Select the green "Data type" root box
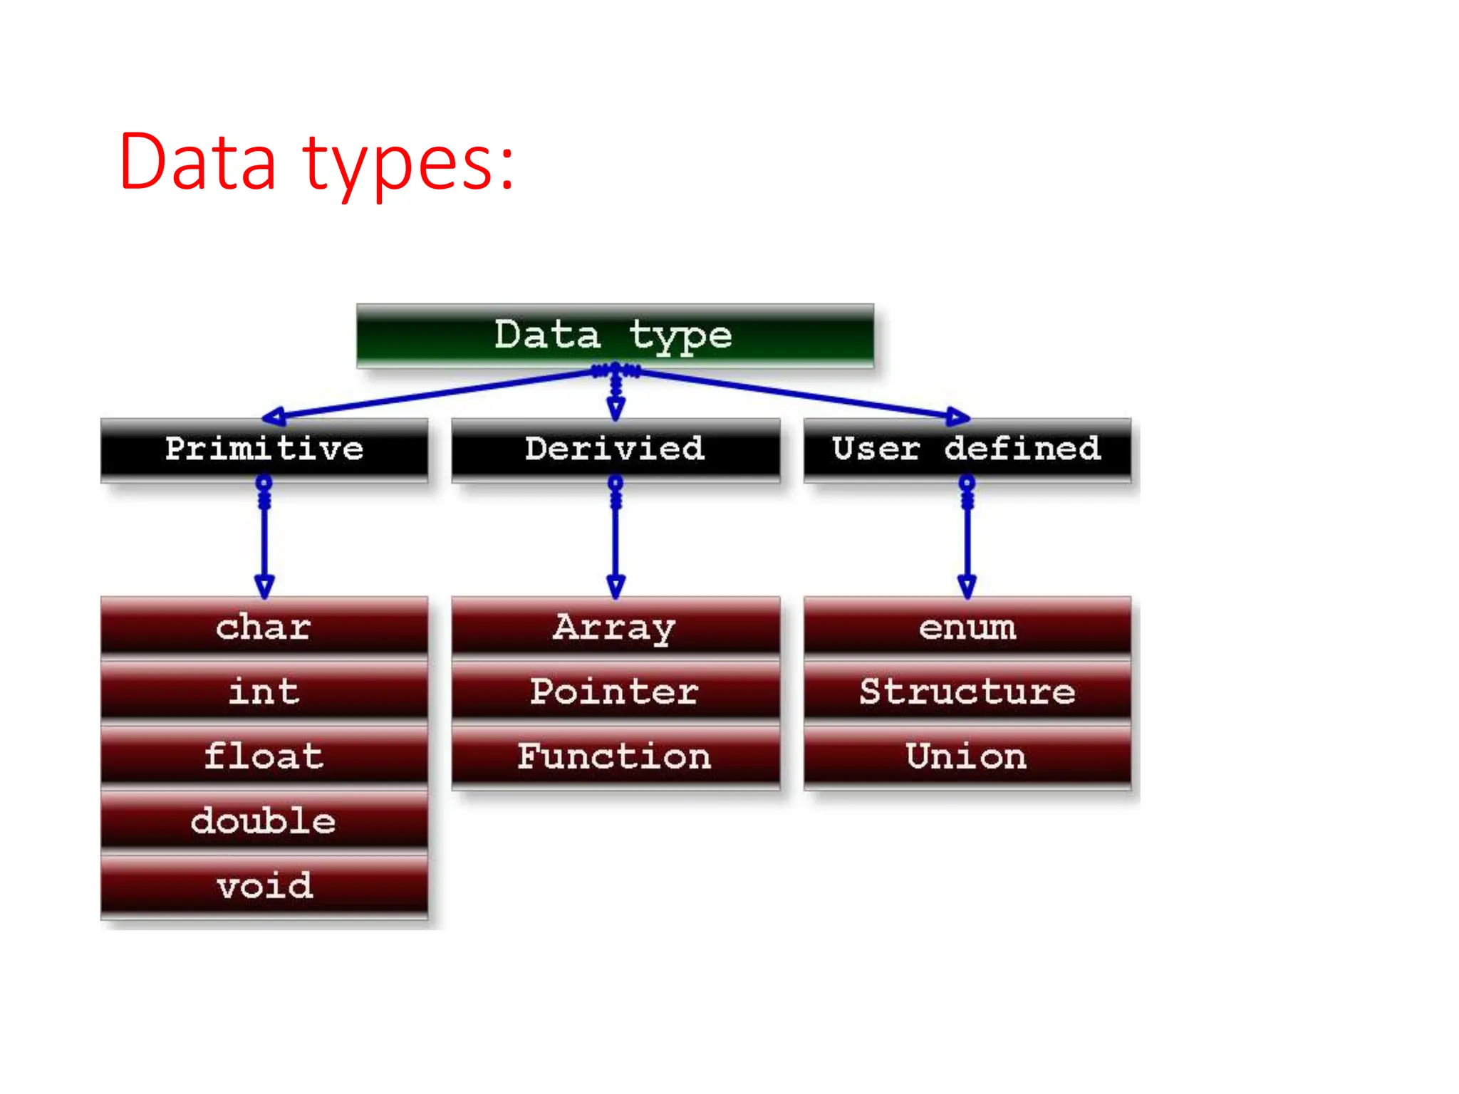[x=615, y=335]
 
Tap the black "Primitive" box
[x=264, y=449]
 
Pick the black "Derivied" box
[x=616, y=449]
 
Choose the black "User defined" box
[x=967, y=449]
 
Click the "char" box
[x=264, y=627]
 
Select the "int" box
[x=264, y=692]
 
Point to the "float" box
[x=264, y=756]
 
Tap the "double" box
[x=264, y=820]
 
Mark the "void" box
[x=264, y=886]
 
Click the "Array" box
[x=616, y=627]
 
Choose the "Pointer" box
[x=616, y=692]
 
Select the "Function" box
[x=616, y=756]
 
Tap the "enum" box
[x=967, y=627]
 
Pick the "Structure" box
[x=967, y=692]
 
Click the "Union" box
[x=967, y=756]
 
